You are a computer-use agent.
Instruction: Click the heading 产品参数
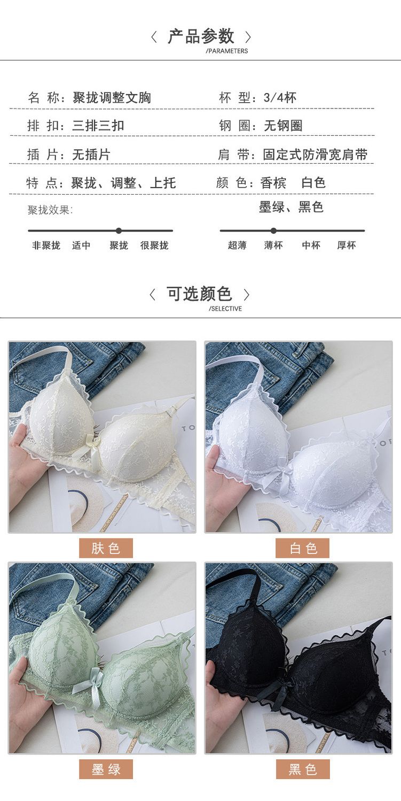201,36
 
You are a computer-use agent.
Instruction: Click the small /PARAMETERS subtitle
227,51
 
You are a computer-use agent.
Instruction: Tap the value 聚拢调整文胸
112,98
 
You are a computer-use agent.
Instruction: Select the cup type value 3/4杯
280,98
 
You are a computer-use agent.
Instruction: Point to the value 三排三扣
98,126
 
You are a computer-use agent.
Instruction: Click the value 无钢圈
283,126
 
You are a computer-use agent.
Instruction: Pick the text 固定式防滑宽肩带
316,155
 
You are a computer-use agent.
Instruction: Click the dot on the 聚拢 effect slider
119,230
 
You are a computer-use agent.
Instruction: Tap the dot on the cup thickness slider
273,230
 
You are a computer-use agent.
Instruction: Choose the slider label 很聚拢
154,245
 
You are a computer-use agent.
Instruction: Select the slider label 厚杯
347,245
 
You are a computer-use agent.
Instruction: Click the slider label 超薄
237,245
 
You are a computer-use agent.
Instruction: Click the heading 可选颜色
199,294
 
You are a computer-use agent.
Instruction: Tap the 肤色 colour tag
106,548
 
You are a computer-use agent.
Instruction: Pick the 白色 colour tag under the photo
302,548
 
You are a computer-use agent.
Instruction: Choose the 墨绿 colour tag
106,769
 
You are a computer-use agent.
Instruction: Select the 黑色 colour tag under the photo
302,769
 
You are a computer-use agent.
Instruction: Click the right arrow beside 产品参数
248,37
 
